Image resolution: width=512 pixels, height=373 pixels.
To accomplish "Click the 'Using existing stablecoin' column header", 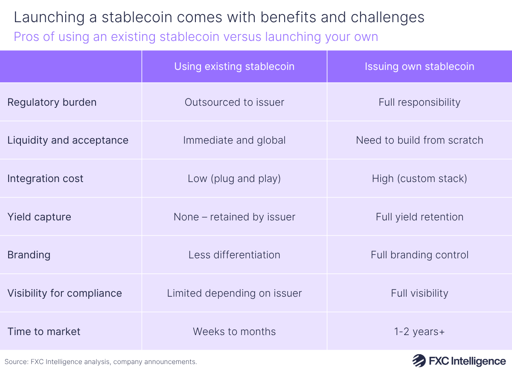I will point(234,67).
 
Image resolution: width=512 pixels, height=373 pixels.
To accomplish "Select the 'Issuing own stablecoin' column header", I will point(419,67).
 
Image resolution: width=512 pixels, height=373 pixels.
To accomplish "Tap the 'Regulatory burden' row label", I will point(52,102).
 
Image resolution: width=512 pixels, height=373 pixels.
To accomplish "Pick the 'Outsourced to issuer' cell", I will point(234,102).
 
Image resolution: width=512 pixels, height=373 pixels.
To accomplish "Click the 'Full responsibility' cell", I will point(419,102).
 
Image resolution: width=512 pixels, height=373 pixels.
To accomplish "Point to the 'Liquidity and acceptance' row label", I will point(68,140).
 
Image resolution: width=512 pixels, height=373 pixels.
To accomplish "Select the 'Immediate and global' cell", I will point(234,140).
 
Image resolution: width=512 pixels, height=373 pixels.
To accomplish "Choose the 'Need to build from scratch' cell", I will point(419,140).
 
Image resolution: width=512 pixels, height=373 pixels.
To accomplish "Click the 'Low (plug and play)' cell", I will point(234,179).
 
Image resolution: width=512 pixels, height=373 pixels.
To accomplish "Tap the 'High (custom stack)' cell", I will point(419,179).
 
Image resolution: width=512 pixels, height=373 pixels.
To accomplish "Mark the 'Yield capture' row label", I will point(39,217).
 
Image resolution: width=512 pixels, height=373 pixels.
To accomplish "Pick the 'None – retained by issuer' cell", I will point(234,217).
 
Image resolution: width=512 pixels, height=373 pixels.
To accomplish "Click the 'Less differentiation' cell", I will point(234,255).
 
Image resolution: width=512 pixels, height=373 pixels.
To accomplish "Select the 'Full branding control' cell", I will point(419,255).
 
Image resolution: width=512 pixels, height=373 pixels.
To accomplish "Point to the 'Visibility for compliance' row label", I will point(64,293).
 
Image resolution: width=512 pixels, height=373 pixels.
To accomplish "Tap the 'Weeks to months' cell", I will point(234,332).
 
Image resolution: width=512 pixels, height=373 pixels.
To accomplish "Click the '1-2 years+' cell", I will point(419,332).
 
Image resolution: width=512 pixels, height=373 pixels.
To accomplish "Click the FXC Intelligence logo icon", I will point(419,361).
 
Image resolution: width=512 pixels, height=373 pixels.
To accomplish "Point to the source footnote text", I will point(101,362).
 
